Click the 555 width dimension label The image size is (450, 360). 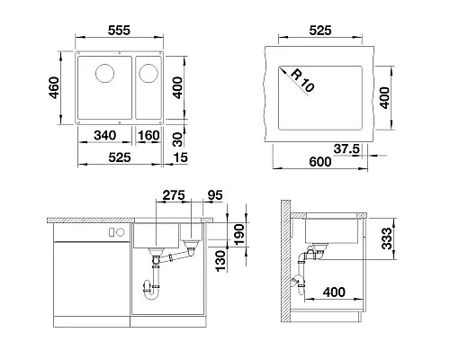coord(119,31)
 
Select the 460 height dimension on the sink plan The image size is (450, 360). coord(54,87)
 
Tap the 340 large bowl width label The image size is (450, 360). coord(104,135)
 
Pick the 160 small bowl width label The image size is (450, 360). coord(148,135)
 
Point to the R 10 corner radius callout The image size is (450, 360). coord(302,80)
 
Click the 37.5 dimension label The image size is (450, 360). coord(346,148)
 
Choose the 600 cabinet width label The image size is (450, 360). coord(320,162)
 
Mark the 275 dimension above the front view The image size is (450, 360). coord(174,195)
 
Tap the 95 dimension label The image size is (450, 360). coord(215,195)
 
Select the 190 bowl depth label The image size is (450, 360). coord(239,235)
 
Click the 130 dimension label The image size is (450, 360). coord(220,261)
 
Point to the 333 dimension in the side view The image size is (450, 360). coord(387,238)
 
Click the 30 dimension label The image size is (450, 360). coord(178,139)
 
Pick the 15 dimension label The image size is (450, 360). coord(181,157)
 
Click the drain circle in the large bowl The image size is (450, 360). coord(104,73)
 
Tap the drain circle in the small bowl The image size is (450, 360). coord(148,73)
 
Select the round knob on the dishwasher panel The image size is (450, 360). coord(121,232)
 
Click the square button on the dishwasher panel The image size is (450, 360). coord(112,232)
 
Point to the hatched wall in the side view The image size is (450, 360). coord(286,261)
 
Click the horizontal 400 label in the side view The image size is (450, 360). coord(334,292)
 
